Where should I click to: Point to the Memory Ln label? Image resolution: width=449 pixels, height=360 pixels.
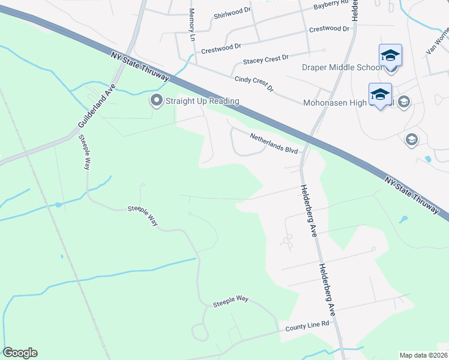pyautogui.click(x=193, y=25)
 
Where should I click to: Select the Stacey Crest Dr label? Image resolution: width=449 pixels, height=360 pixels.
pyautogui.click(x=265, y=59)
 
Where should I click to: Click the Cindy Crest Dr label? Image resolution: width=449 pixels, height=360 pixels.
pyautogui.click(x=254, y=83)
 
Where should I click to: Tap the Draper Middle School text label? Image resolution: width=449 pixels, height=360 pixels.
pyautogui.click(x=342, y=67)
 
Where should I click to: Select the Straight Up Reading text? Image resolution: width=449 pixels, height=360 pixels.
pyautogui.click(x=202, y=101)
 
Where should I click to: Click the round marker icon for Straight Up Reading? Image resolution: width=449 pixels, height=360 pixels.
pyautogui.click(x=157, y=101)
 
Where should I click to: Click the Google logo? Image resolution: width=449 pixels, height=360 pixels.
pyautogui.click(x=20, y=353)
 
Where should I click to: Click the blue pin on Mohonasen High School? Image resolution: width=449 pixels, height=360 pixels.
pyautogui.click(x=380, y=95)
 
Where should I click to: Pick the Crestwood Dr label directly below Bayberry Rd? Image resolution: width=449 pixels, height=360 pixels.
pyautogui.click(x=329, y=29)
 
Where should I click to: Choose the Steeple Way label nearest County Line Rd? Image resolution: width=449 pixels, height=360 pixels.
pyautogui.click(x=231, y=301)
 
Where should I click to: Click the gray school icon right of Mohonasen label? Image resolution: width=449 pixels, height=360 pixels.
pyautogui.click(x=403, y=101)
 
